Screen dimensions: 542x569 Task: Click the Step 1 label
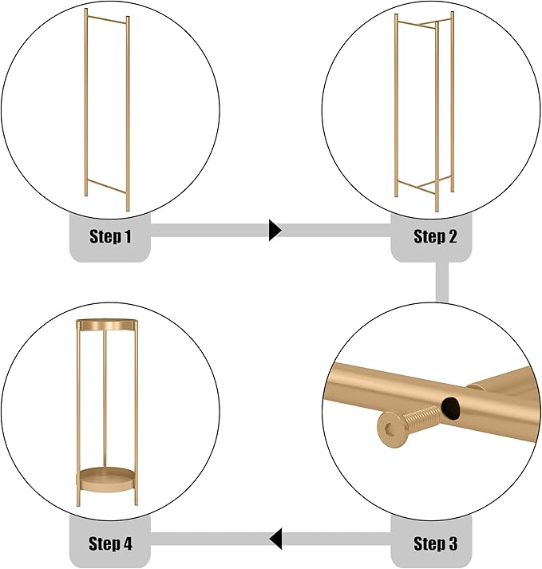coord(110,236)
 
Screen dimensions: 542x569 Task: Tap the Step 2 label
coord(435,236)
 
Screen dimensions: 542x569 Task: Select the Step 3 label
coord(435,543)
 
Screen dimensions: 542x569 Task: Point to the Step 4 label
coord(110,543)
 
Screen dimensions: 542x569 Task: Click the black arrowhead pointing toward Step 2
coord(275,230)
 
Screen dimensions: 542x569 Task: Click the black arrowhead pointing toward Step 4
coord(275,539)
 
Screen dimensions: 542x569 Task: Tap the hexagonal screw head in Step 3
coord(391,430)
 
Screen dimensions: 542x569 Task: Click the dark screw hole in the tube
coord(450,408)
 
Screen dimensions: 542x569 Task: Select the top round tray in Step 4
coord(107,325)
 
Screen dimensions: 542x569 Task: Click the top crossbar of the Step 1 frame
coord(107,20)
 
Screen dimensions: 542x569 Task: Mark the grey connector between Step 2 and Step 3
coord(442,282)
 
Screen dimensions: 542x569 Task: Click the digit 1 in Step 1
coord(127,236)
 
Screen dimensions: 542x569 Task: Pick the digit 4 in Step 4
coord(127,543)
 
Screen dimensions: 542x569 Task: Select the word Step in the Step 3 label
coord(429,544)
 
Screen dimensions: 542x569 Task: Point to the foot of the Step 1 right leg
coord(128,208)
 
